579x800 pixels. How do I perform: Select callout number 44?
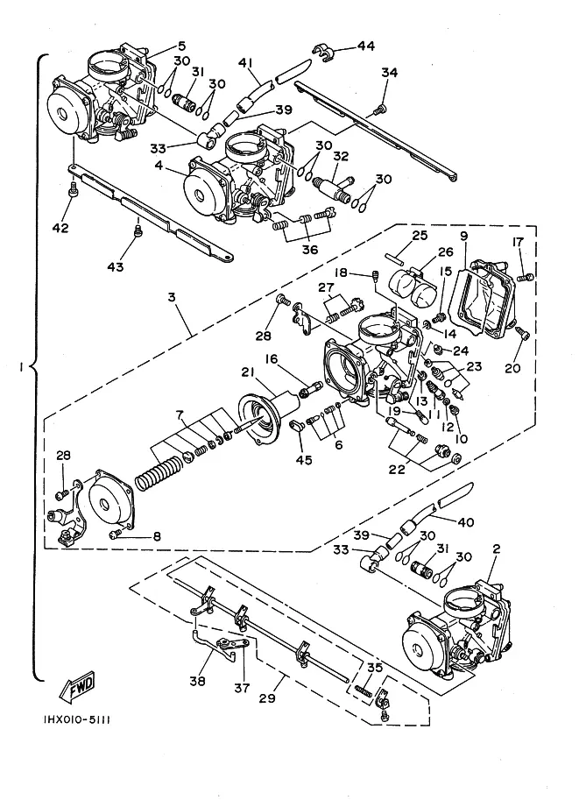click(365, 46)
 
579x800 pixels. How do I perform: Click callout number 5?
click(181, 46)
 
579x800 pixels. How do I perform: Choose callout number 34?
click(388, 74)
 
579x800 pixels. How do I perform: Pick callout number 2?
click(497, 549)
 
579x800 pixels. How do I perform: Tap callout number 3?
click(173, 298)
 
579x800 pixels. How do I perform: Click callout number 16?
click(272, 358)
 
